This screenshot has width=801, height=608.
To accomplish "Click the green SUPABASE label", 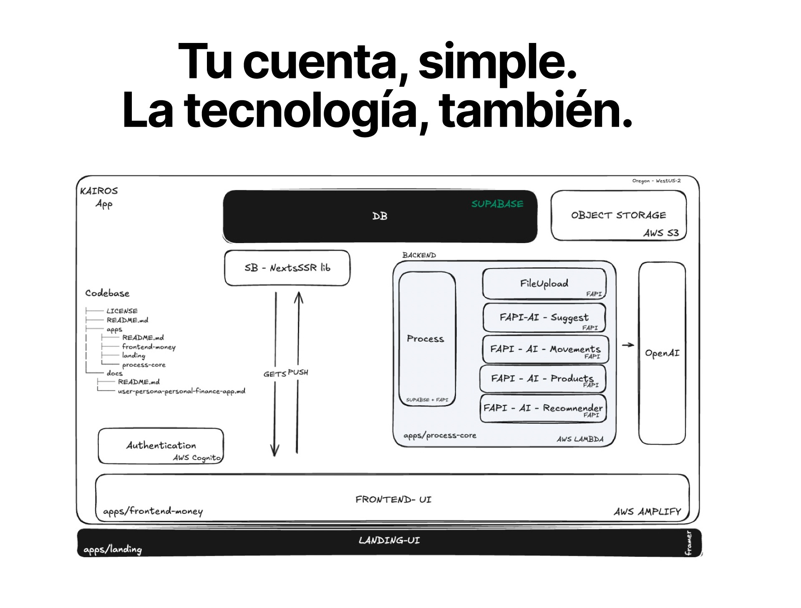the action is click(497, 204).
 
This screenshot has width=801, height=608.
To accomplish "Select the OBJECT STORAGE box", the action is click(618, 215).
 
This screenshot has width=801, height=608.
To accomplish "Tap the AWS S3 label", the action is click(661, 233).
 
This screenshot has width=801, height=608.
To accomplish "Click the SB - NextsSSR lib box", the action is click(287, 268).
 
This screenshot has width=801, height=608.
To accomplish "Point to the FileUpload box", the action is click(544, 284).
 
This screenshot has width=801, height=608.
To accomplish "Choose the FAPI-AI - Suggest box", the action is click(544, 318).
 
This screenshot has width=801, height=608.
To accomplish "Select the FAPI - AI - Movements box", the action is click(545, 349).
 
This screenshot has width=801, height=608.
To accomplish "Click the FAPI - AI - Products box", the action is click(542, 379).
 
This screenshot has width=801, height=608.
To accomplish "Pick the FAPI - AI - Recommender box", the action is click(543, 408).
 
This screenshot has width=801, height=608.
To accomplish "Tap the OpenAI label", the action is click(662, 353).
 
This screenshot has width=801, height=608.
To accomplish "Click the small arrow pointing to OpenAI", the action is click(628, 345).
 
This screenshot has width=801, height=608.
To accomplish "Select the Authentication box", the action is click(161, 446).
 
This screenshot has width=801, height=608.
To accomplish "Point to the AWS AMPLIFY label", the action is click(647, 512).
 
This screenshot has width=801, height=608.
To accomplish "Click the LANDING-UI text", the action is click(389, 540).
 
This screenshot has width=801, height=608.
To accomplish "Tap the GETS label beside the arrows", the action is click(274, 374).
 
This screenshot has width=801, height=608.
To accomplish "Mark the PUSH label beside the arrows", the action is click(298, 372).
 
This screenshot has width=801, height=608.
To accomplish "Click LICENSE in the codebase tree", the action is click(122, 311).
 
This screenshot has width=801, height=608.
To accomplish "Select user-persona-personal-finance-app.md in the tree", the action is click(181, 391).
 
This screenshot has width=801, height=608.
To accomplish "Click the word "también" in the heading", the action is click(536, 110).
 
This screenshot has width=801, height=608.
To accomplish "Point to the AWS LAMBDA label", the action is click(580, 439).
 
